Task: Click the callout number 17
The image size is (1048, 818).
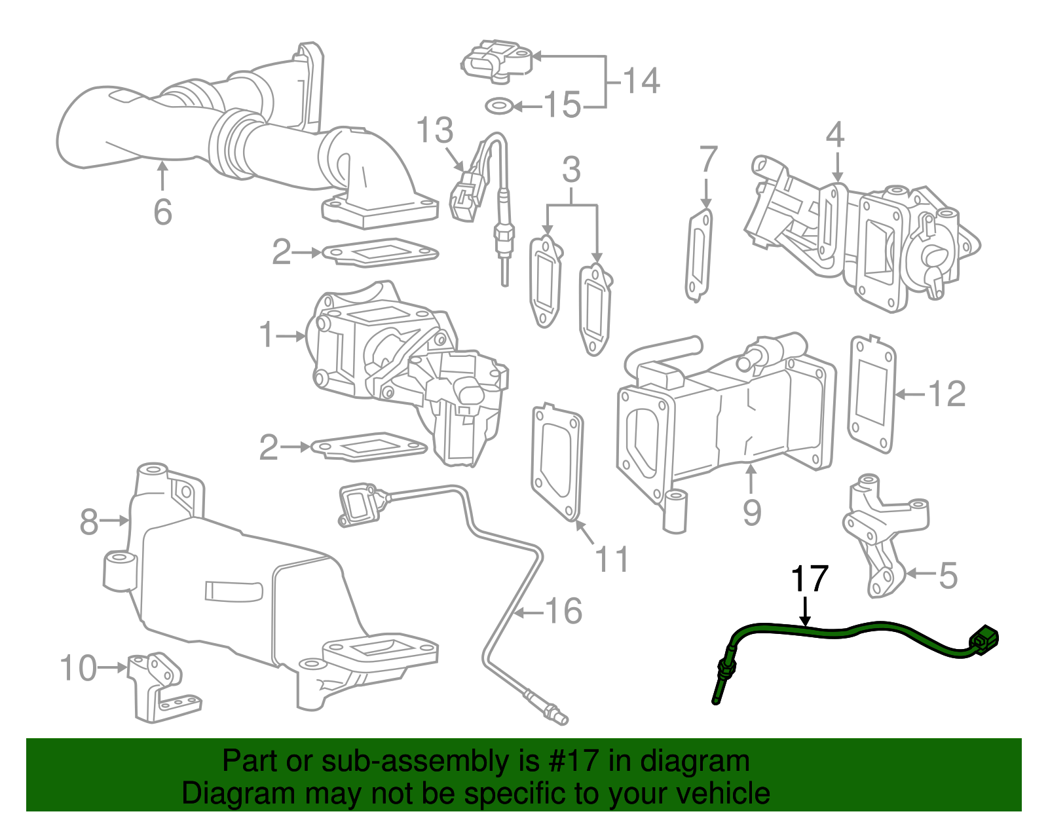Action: [x=810, y=579]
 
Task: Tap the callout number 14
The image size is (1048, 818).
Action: [x=641, y=81]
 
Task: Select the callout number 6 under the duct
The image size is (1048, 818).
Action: [x=162, y=212]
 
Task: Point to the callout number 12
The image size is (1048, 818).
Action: [x=946, y=394]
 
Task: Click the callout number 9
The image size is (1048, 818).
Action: [x=752, y=512]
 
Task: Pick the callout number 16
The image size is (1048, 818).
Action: [x=563, y=611]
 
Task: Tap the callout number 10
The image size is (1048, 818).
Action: [x=79, y=668]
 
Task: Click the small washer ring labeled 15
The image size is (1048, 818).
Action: [x=499, y=105]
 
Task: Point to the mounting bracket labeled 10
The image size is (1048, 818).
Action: [x=160, y=688]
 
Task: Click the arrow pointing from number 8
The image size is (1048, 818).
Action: [x=116, y=521]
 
